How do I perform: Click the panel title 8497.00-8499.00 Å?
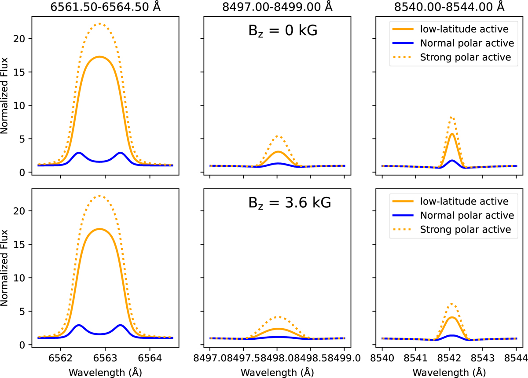click(277, 6)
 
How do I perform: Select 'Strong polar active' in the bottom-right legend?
click(466, 229)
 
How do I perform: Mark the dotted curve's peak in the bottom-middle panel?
click(277, 316)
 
